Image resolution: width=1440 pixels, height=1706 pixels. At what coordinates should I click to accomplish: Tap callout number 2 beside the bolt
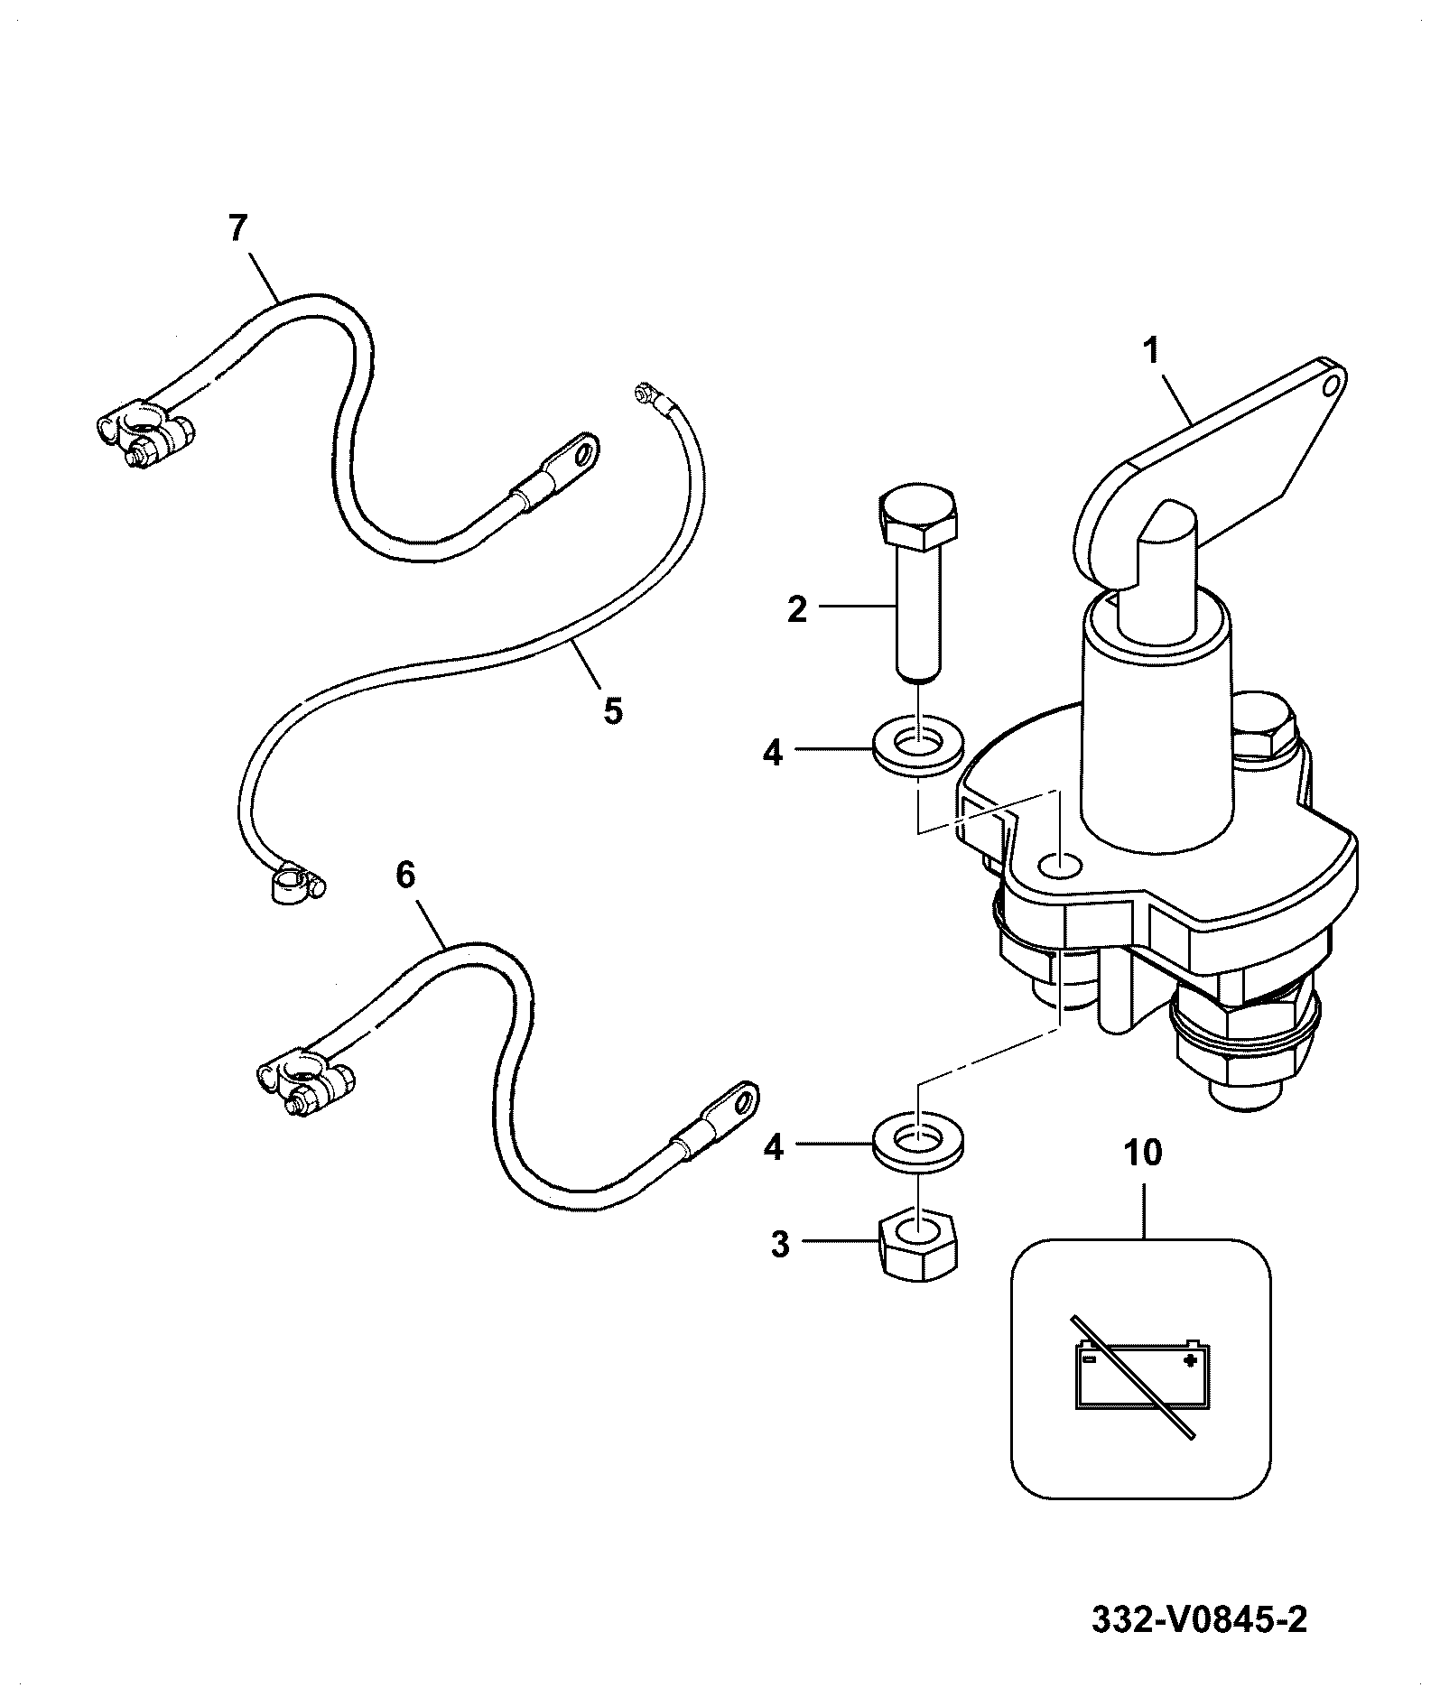(x=796, y=609)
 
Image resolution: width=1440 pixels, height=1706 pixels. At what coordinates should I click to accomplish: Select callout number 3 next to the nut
(x=780, y=1245)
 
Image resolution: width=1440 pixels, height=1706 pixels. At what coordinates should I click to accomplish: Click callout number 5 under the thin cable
(x=612, y=710)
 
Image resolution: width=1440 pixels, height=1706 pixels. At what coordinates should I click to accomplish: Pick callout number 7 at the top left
(x=237, y=228)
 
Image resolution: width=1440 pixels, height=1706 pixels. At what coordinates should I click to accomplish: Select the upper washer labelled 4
(x=917, y=748)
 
